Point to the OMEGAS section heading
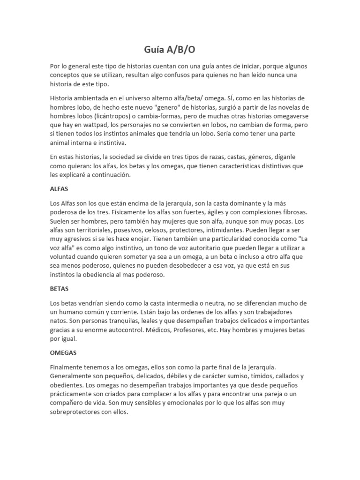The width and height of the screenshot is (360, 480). [63, 352]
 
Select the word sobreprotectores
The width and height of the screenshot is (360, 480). [77, 412]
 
